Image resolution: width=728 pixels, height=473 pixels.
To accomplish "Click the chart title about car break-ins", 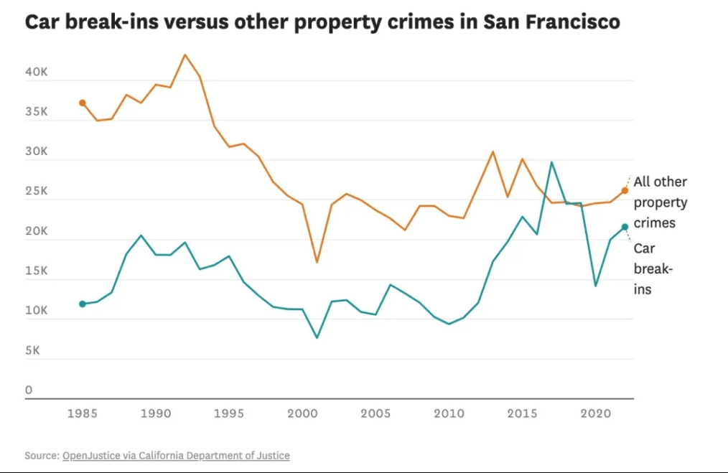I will [x=322, y=22].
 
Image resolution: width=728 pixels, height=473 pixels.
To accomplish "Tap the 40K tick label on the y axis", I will [x=37, y=73].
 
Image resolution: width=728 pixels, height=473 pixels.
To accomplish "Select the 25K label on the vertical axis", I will [x=37, y=192].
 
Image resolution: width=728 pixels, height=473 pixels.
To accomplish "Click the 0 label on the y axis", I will [x=29, y=390].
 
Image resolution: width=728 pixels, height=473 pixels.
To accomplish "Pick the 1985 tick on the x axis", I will [x=83, y=413].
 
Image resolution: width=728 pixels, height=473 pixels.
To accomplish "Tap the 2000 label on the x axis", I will [x=302, y=413].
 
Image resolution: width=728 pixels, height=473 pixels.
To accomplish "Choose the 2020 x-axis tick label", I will [x=595, y=413].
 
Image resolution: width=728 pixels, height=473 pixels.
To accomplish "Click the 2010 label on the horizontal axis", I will [x=449, y=413].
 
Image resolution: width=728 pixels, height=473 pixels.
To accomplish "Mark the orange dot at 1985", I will [x=83, y=103].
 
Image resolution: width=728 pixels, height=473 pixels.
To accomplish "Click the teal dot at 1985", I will [x=83, y=304].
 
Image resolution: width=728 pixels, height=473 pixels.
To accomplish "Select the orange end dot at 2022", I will [x=625, y=190].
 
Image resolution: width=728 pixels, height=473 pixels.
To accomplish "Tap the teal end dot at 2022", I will [x=625, y=227].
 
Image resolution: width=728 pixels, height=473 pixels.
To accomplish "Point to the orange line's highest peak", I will [x=185, y=55].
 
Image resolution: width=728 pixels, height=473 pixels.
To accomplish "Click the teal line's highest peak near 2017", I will [x=551, y=162].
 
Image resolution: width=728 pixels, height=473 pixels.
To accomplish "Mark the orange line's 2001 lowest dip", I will [x=317, y=262].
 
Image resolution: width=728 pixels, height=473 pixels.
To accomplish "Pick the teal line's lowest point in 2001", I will [x=317, y=337].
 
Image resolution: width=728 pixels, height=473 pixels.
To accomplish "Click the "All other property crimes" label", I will [x=660, y=202].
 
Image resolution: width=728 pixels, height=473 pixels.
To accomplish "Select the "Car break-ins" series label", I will [x=653, y=269].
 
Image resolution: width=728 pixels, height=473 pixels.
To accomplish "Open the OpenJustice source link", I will [x=176, y=456].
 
